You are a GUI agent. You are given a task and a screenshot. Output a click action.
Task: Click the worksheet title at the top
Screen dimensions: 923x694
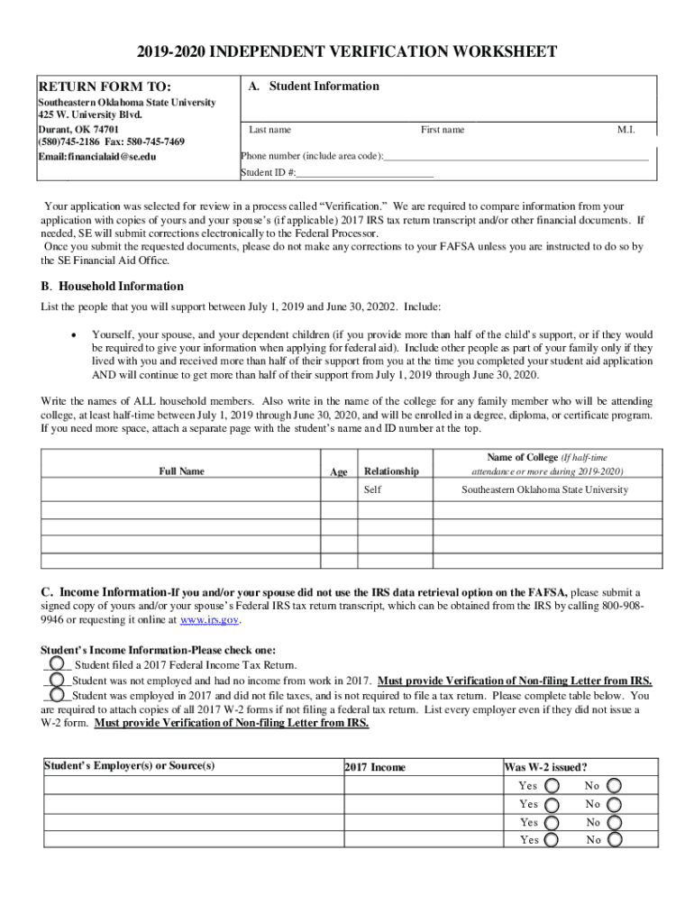pyautogui.click(x=346, y=52)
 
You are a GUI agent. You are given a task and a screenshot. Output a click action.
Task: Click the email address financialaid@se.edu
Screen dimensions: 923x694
pyautogui.click(x=97, y=156)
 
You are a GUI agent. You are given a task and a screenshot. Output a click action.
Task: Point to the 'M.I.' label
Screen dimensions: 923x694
pyautogui.click(x=626, y=130)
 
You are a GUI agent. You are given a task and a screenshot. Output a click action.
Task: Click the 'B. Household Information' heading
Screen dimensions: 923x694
pyautogui.click(x=113, y=287)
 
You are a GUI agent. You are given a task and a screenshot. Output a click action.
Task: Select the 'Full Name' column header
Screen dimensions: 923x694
pyautogui.click(x=181, y=471)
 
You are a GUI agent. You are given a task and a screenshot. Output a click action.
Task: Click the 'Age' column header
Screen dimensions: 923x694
pyautogui.click(x=339, y=471)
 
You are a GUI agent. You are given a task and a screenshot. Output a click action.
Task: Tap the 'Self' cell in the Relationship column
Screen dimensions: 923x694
pyautogui.click(x=372, y=490)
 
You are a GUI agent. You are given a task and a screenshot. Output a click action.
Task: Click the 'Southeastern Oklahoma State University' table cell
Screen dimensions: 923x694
pyautogui.click(x=544, y=490)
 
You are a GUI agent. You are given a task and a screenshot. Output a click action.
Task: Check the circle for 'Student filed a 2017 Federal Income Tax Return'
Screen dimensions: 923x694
pyautogui.click(x=57, y=663)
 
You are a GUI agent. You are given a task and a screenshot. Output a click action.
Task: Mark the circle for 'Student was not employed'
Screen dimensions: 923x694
pyautogui.click(x=57, y=680)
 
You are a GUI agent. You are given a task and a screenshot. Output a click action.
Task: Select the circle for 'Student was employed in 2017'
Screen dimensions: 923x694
pyautogui.click(x=57, y=695)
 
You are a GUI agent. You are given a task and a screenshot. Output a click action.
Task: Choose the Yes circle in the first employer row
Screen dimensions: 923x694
pyautogui.click(x=552, y=786)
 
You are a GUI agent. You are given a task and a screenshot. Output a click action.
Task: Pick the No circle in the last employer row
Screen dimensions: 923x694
pyautogui.click(x=615, y=839)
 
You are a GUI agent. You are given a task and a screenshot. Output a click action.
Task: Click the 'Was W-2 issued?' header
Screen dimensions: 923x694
pyautogui.click(x=546, y=767)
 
